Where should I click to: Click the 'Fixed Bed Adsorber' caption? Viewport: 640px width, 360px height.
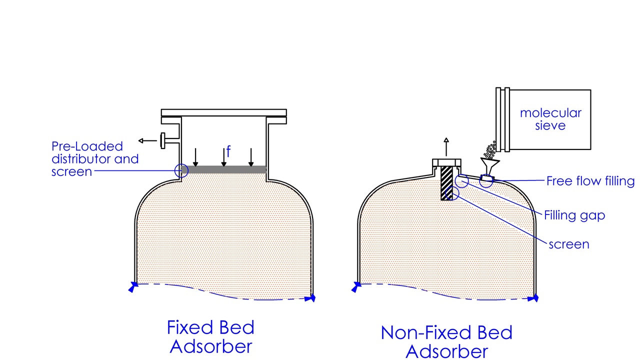[210, 337]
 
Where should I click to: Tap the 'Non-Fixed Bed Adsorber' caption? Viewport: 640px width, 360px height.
[446, 342]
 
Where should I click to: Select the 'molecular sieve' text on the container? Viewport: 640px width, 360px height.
[550, 118]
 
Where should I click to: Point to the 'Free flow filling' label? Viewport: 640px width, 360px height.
[590, 181]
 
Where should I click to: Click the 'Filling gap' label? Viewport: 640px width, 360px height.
[574, 215]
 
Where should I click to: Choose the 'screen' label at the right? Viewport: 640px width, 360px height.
[569, 244]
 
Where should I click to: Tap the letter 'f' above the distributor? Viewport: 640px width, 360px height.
[228, 151]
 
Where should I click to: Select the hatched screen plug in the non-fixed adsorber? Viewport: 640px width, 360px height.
[447, 183]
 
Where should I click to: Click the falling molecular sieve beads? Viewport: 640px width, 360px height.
[490, 148]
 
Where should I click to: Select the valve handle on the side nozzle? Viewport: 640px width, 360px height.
[163, 141]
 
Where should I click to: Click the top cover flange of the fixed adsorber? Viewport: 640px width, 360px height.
[223, 113]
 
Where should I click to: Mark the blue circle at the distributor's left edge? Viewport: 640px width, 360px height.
[181, 170]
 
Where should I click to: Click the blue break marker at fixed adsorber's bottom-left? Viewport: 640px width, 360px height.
[133, 286]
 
